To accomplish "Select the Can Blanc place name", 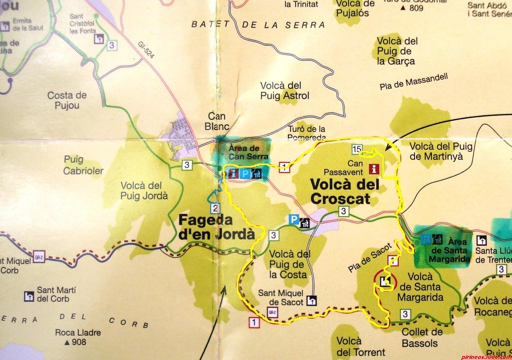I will point(217,121).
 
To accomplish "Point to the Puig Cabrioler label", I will point(83,165).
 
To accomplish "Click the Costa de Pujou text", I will point(67,100).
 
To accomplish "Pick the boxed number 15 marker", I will point(356,148).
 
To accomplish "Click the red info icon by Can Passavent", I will point(373,168).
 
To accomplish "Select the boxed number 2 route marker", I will point(215,208).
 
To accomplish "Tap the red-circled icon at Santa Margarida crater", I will point(384,281).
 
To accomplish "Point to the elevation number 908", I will point(78,342).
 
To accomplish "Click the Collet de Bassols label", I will point(422,337).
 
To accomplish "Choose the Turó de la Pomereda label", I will point(307,132).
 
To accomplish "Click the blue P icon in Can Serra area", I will point(245,173).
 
